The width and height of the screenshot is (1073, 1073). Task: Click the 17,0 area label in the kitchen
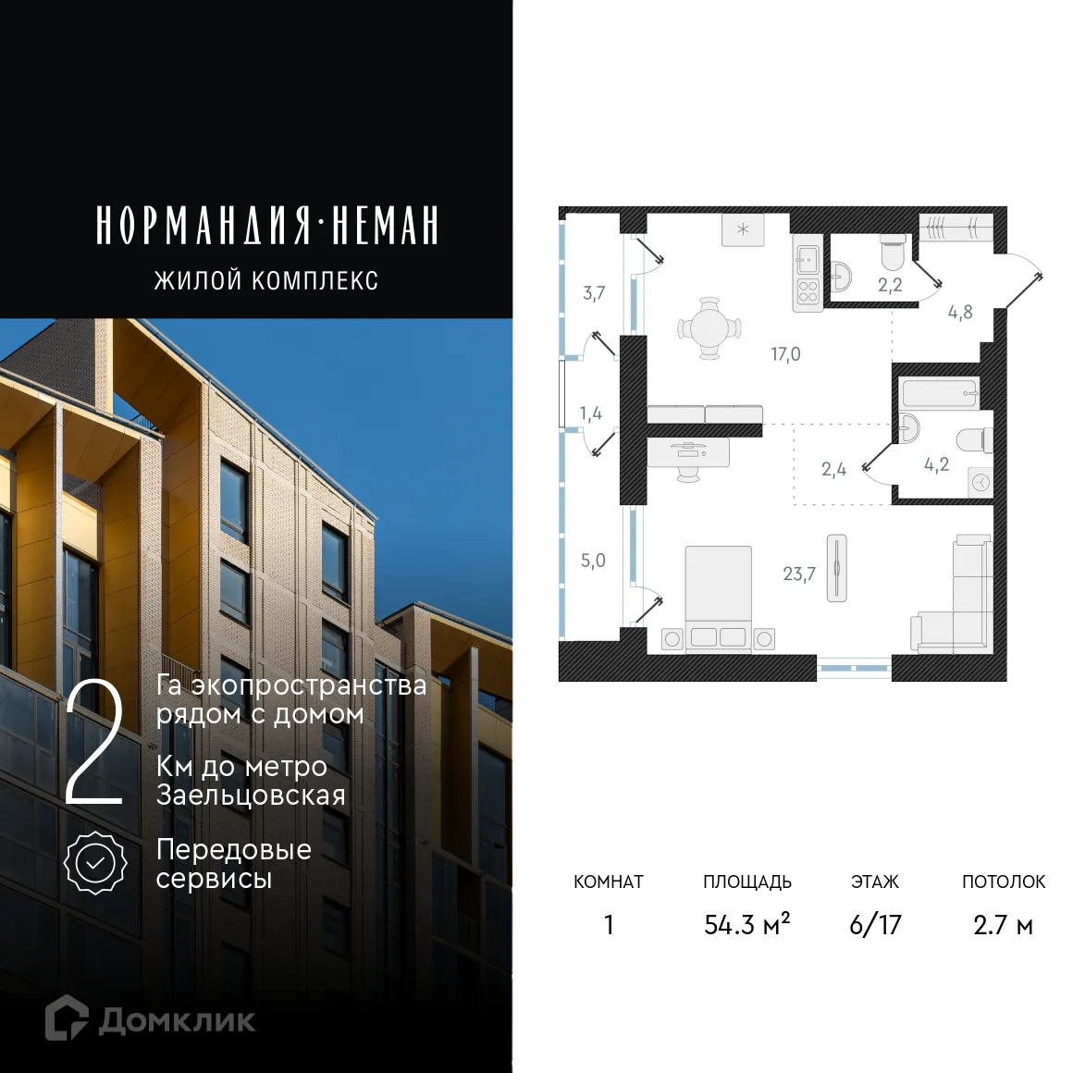coord(785,354)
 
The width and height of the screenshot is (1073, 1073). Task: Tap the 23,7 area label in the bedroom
coord(799,573)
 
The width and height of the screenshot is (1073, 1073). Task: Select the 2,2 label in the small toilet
coord(890,285)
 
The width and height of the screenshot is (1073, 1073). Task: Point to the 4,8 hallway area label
coord(960,312)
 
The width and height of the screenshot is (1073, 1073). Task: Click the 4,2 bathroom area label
coord(936,464)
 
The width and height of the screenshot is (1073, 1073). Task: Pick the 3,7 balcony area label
coord(594,293)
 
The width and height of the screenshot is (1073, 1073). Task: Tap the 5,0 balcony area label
coord(593,561)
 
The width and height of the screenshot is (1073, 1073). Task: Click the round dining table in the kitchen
coord(709,328)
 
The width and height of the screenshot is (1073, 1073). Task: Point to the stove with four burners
coord(808,291)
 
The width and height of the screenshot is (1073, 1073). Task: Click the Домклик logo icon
coord(67,1018)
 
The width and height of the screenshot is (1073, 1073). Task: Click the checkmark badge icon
coord(95,863)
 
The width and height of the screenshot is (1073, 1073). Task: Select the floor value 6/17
coord(875,924)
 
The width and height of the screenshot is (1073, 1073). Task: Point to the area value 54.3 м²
coord(746,924)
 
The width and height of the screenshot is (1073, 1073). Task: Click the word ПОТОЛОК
coord(1004,882)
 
